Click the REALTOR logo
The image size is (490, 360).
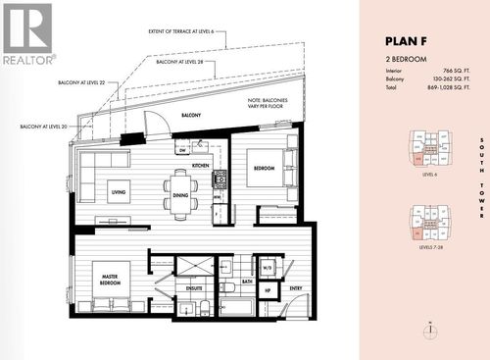coord(27,33)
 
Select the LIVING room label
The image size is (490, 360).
coord(118,193)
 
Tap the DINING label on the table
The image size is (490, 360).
coord(180,194)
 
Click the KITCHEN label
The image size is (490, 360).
coord(200,166)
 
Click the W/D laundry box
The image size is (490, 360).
coord(267,266)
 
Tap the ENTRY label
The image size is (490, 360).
coord(295,288)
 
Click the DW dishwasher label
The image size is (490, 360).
coord(182,150)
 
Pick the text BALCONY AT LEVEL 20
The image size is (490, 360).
coord(43,127)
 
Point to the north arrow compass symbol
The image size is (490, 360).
coord(429,330)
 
